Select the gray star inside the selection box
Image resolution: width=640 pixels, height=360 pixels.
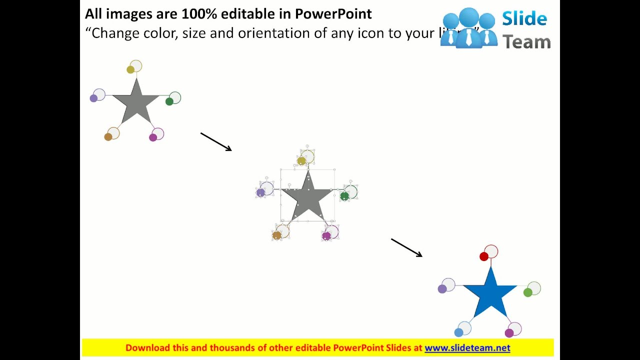click(x=308, y=198)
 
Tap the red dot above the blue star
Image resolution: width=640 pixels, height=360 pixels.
click(x=483, y=256)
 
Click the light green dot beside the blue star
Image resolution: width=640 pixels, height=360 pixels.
click(x=528, y=292)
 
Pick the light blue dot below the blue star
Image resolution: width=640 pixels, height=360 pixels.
click(x=458, y=332)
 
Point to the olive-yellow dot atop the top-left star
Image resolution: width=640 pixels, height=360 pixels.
click(x=130, y=69)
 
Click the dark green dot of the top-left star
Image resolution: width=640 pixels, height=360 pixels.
click(x=169, y=101)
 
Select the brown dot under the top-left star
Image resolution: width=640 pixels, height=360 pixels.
click(x=108, y=137)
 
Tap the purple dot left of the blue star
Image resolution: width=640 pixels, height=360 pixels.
click(x=442, y=289)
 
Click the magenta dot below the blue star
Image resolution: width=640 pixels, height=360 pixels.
click(x=509, y=333)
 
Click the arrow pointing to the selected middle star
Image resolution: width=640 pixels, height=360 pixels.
click(x=216, y=141)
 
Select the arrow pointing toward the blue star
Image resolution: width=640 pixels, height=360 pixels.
click(x=406, y=247)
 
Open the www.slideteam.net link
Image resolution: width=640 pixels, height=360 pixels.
click(x=467, y=348)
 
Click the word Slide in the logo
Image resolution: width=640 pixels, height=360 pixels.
click(x=524, y=19)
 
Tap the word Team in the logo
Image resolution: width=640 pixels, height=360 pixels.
click(x=526, y=41)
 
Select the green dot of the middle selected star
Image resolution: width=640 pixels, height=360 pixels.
click(x=344, y=196)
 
